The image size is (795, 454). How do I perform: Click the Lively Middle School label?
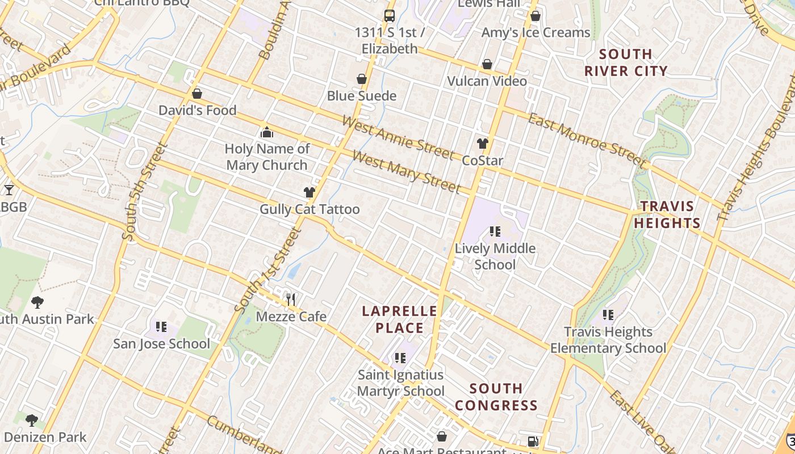pos(495,257)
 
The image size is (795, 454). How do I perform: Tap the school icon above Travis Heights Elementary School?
pos(608,314)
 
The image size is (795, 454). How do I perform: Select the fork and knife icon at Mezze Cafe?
pos(291,299)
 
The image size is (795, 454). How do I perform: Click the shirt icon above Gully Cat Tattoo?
pos(309,192)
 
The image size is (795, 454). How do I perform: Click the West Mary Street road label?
pos(406,171)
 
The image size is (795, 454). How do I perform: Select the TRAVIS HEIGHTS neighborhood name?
pos(667,215)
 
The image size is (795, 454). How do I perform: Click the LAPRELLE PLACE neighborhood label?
pos(400,320)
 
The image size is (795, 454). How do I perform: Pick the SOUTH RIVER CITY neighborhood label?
pos(626,62)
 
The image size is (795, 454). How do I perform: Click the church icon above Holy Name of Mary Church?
pos(266,133)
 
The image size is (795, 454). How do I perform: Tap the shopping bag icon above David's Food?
pos(197,94)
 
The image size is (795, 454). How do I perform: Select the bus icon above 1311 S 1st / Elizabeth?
pos(389,16)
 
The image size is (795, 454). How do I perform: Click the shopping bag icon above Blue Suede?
pos(361,79)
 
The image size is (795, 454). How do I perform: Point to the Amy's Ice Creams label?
pos(535,32)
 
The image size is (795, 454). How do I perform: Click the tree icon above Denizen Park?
pos(32,420)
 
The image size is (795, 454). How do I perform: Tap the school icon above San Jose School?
pos(161,327)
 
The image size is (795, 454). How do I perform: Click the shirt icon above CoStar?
pos(483,144)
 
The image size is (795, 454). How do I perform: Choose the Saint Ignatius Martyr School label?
pos(401,383)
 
